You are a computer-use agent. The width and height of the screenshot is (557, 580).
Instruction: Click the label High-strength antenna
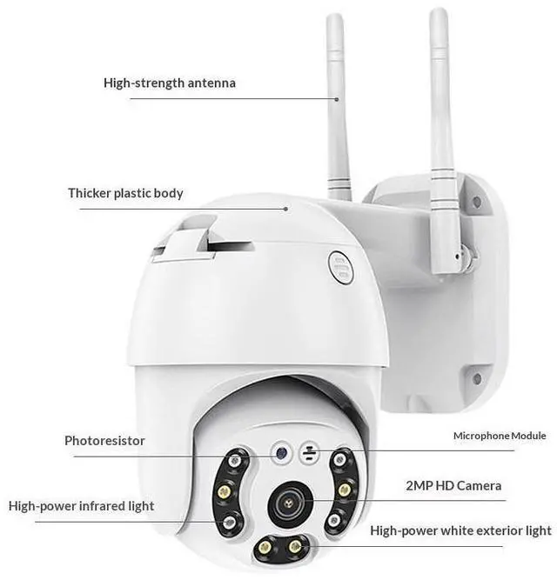(169, 83)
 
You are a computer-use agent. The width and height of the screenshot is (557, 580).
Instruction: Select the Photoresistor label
(104, 440)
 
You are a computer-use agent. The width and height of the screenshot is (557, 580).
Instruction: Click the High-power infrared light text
(81, 505)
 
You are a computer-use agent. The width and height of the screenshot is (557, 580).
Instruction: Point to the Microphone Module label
(500, 436)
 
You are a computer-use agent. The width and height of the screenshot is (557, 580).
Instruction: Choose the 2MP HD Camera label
(453, 485)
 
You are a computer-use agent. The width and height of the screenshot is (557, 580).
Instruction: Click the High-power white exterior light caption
(460, 530)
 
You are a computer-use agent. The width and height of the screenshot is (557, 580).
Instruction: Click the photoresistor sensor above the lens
(279, 451)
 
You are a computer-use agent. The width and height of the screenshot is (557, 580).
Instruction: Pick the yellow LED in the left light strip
(224, 492)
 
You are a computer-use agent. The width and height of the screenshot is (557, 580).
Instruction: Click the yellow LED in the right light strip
(345, 490)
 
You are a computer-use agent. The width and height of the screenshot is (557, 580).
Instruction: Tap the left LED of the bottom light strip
(263, 547)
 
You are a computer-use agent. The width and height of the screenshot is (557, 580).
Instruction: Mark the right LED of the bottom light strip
(295, 547)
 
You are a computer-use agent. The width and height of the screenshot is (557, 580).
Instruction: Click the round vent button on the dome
(338, 264)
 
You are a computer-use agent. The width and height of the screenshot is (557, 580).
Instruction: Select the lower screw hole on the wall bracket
(476, 378)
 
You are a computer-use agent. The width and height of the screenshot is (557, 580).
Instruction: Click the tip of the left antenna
(335, 19)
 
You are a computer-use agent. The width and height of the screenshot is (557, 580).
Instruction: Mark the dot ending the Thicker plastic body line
(287, 209)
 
